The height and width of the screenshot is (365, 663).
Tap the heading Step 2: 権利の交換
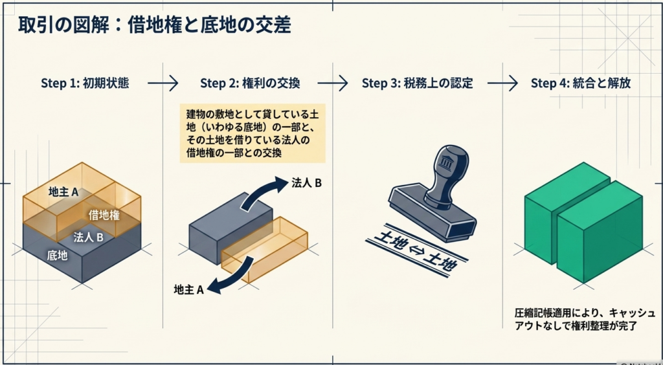coord(250,83)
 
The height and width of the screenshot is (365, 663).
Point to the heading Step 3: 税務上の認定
coord(417,83)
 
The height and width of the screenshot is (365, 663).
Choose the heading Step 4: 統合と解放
coord(581,83)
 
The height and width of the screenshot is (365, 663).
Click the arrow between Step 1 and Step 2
coord(162,83)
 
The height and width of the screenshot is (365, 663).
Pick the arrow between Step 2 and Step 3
coord(332,83)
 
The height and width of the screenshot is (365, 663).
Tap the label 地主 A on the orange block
coord(63,192)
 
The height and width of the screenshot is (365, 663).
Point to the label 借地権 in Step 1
coord(104,215)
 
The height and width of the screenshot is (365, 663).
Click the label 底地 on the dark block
coord(57,255)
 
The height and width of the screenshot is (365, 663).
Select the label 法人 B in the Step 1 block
coord(88,236)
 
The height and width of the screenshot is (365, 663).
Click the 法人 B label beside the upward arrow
coord(307,183)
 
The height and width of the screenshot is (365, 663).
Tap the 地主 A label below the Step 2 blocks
coord(189,290)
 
